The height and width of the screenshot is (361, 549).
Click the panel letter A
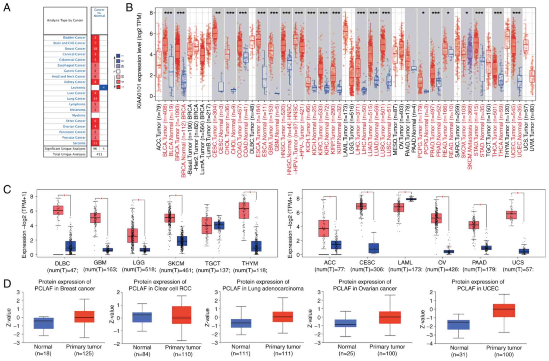(7, 8)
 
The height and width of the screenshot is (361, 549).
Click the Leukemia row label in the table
(78, 88)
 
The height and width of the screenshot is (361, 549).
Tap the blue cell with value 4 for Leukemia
(104, 88)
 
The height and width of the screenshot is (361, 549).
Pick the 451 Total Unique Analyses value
(99, 154)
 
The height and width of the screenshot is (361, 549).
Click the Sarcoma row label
(79, 143)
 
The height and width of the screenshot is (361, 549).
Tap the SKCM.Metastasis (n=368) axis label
(470, 135)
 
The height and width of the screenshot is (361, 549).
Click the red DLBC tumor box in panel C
(58, 210)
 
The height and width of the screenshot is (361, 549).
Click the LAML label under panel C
(405, 263)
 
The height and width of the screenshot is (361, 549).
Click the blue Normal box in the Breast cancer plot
(43, 323)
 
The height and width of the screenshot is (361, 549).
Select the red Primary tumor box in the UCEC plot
(504, 310)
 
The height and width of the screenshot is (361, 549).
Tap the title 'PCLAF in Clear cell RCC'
(160, 289)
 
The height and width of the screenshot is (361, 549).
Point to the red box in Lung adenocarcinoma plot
(283, 317)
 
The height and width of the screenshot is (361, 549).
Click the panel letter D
(7, 284)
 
